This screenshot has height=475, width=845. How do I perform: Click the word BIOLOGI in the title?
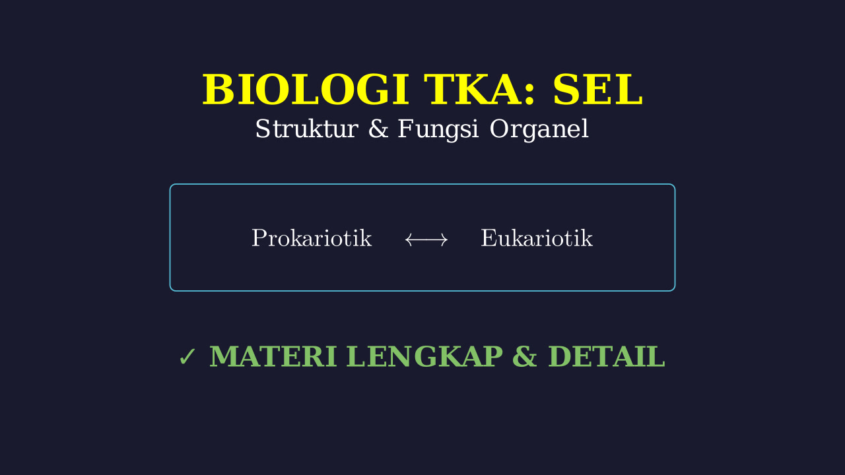tap(306, 90)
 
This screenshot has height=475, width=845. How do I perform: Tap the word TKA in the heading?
tap(474, 90)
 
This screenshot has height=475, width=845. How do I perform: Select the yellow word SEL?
tap(598, 90)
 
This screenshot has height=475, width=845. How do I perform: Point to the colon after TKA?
tap(529, 94)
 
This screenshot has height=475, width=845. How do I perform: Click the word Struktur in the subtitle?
tap(307, 129)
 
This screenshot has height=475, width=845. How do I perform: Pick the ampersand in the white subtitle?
tap(378, 129)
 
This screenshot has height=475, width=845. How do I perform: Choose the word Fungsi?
tap(438, 130)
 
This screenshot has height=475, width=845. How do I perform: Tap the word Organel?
tap(539, 130)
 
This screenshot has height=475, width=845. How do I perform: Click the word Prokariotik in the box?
tap(312, 238)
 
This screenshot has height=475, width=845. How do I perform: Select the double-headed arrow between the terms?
tap(426, 239)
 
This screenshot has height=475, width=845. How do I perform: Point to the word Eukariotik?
tap(537, 238)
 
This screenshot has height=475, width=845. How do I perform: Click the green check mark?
tap(187, 357)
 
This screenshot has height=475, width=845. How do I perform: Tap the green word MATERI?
tap(273, 356)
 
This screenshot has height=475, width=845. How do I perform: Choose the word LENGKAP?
tap(424, 356)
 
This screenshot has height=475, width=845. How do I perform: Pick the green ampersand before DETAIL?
tap(525, 356)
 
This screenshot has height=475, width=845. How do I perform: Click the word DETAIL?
tap(607, 356)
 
